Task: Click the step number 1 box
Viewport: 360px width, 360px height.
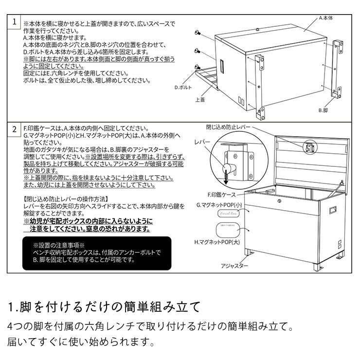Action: coord(15,22)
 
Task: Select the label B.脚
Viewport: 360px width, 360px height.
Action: coord(324,110)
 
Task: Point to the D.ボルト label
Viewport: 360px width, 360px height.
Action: coord(183,88)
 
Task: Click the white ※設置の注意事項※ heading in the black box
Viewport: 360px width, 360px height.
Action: coord(59,246)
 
